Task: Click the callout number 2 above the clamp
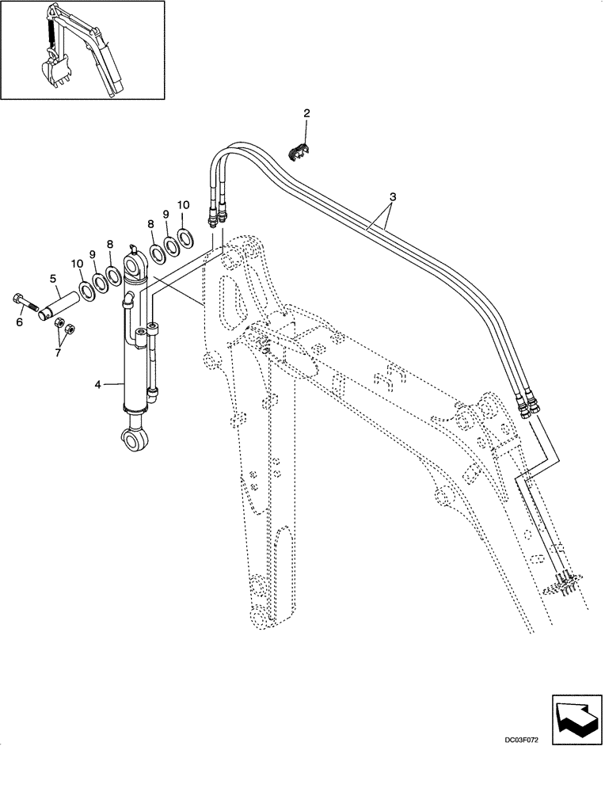point(307,114)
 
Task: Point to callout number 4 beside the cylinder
point(98,385)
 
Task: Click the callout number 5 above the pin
point(53,278)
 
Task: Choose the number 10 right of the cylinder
point(183,205)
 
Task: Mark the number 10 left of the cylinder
point(76,262)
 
